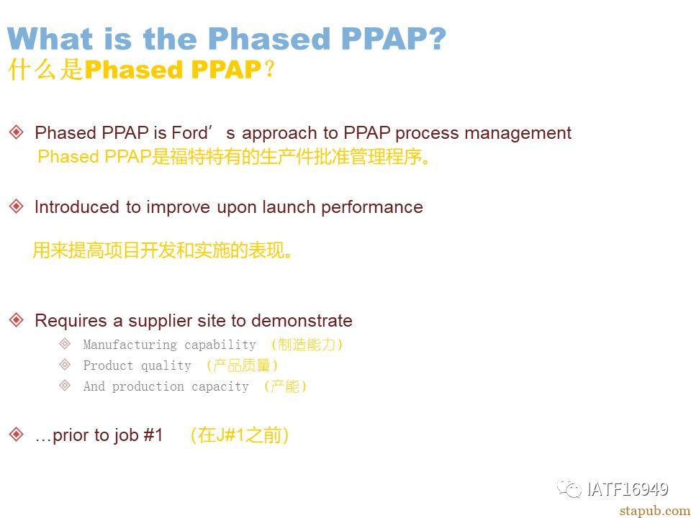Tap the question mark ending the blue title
pyautogui.click(x=436, y=38)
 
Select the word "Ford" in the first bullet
pyautogui.click(x=189, y=132)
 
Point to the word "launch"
pyautogui.click(x=289, y=207)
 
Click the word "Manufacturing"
pyautogui.click(x=130, y=345)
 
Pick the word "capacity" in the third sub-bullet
pyautogui.click(x=220, y=387)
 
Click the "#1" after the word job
pyautogui.click(x=153, y=435)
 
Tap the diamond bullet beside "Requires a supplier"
pyautogui.click(x=17, y=319)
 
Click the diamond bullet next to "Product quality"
pyautogui.click(x=65, y=364)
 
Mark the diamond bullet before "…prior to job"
pyautogui.click(x=17, y=435)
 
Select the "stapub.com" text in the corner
pyautogui.click(x=655, y=511)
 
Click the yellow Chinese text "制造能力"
pyautogui.click(x=307, y=344)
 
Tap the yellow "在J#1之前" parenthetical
pyautogui.click(x=239, y=435)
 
